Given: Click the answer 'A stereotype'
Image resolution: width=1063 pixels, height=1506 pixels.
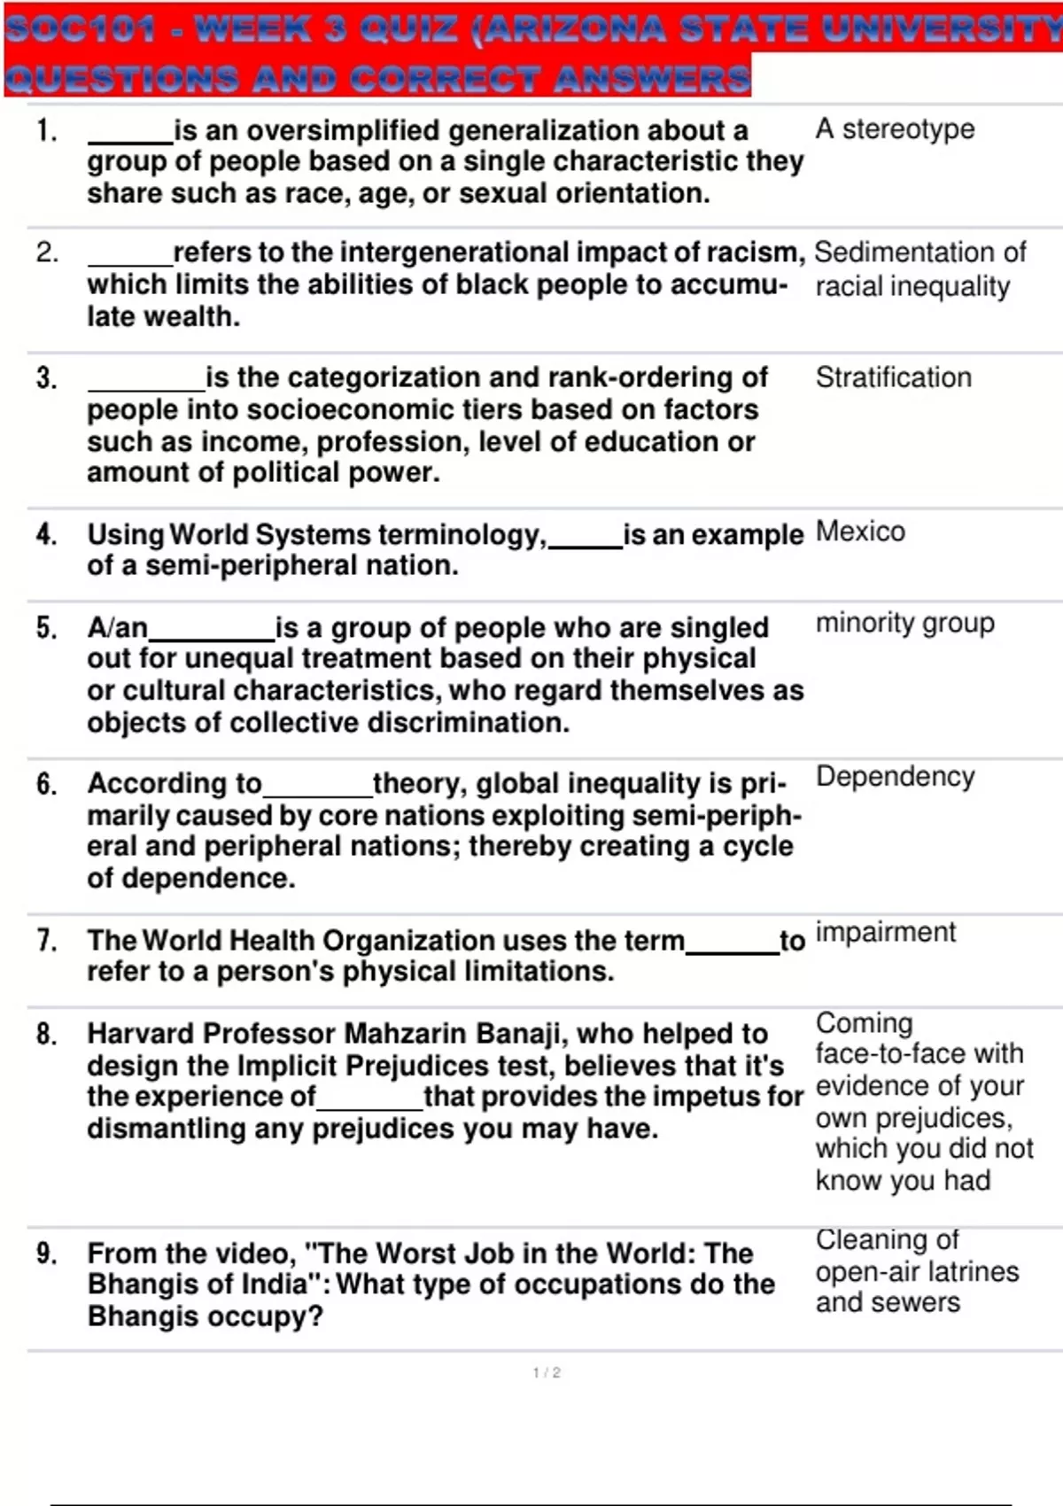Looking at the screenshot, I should point(895,129).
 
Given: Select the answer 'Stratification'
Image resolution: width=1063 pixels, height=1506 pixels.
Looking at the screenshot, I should point(893,377).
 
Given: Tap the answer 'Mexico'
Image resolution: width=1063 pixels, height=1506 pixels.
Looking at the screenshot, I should point(860,532).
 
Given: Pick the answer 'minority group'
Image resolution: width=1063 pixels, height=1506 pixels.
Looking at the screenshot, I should point(904,623).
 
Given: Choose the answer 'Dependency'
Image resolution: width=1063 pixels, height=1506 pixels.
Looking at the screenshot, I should point(895,776).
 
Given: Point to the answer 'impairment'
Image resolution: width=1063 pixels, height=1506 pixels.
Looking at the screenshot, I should point(885,932).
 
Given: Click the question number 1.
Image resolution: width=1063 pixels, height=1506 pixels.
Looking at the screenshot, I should point(47,131).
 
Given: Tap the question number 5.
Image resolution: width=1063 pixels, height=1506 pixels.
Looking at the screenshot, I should point(46,628).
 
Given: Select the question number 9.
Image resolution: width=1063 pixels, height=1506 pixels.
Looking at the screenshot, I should point(47,1254).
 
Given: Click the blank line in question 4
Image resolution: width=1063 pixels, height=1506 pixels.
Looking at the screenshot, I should point(586,547).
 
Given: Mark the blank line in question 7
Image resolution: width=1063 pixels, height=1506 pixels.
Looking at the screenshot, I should point(732,951).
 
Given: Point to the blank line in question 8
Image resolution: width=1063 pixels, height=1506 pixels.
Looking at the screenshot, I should point(369,1107).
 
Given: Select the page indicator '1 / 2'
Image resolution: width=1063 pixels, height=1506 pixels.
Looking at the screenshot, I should point(547,1372).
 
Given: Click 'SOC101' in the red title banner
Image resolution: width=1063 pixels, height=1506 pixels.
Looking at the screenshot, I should point(81,29).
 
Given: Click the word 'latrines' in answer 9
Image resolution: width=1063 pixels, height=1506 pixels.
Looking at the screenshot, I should point(969,1271).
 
